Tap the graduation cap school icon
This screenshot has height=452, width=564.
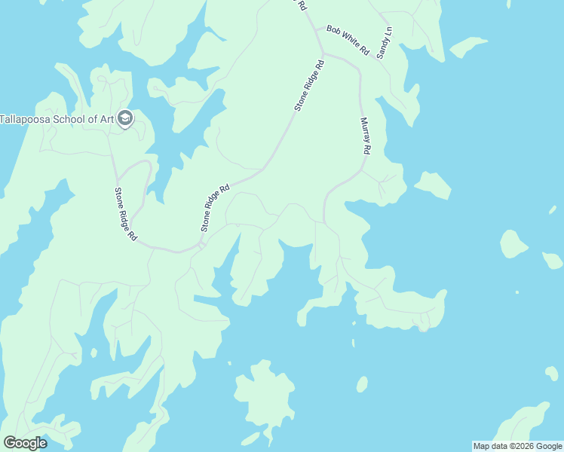(125, 118)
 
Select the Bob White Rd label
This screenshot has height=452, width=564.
(348, 41)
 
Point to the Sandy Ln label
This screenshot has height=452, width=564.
(385, 44)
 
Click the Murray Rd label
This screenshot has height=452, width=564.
(364, 136)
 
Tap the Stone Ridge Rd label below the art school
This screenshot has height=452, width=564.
(125, 215)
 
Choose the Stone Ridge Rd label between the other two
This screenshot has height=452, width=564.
(214, 208)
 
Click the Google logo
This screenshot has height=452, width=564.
(25, 443)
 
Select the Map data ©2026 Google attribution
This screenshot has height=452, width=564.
(516, 446)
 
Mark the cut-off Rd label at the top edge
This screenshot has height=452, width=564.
(302, 5)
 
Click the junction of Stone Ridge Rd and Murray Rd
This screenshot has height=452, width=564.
(323, 55)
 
